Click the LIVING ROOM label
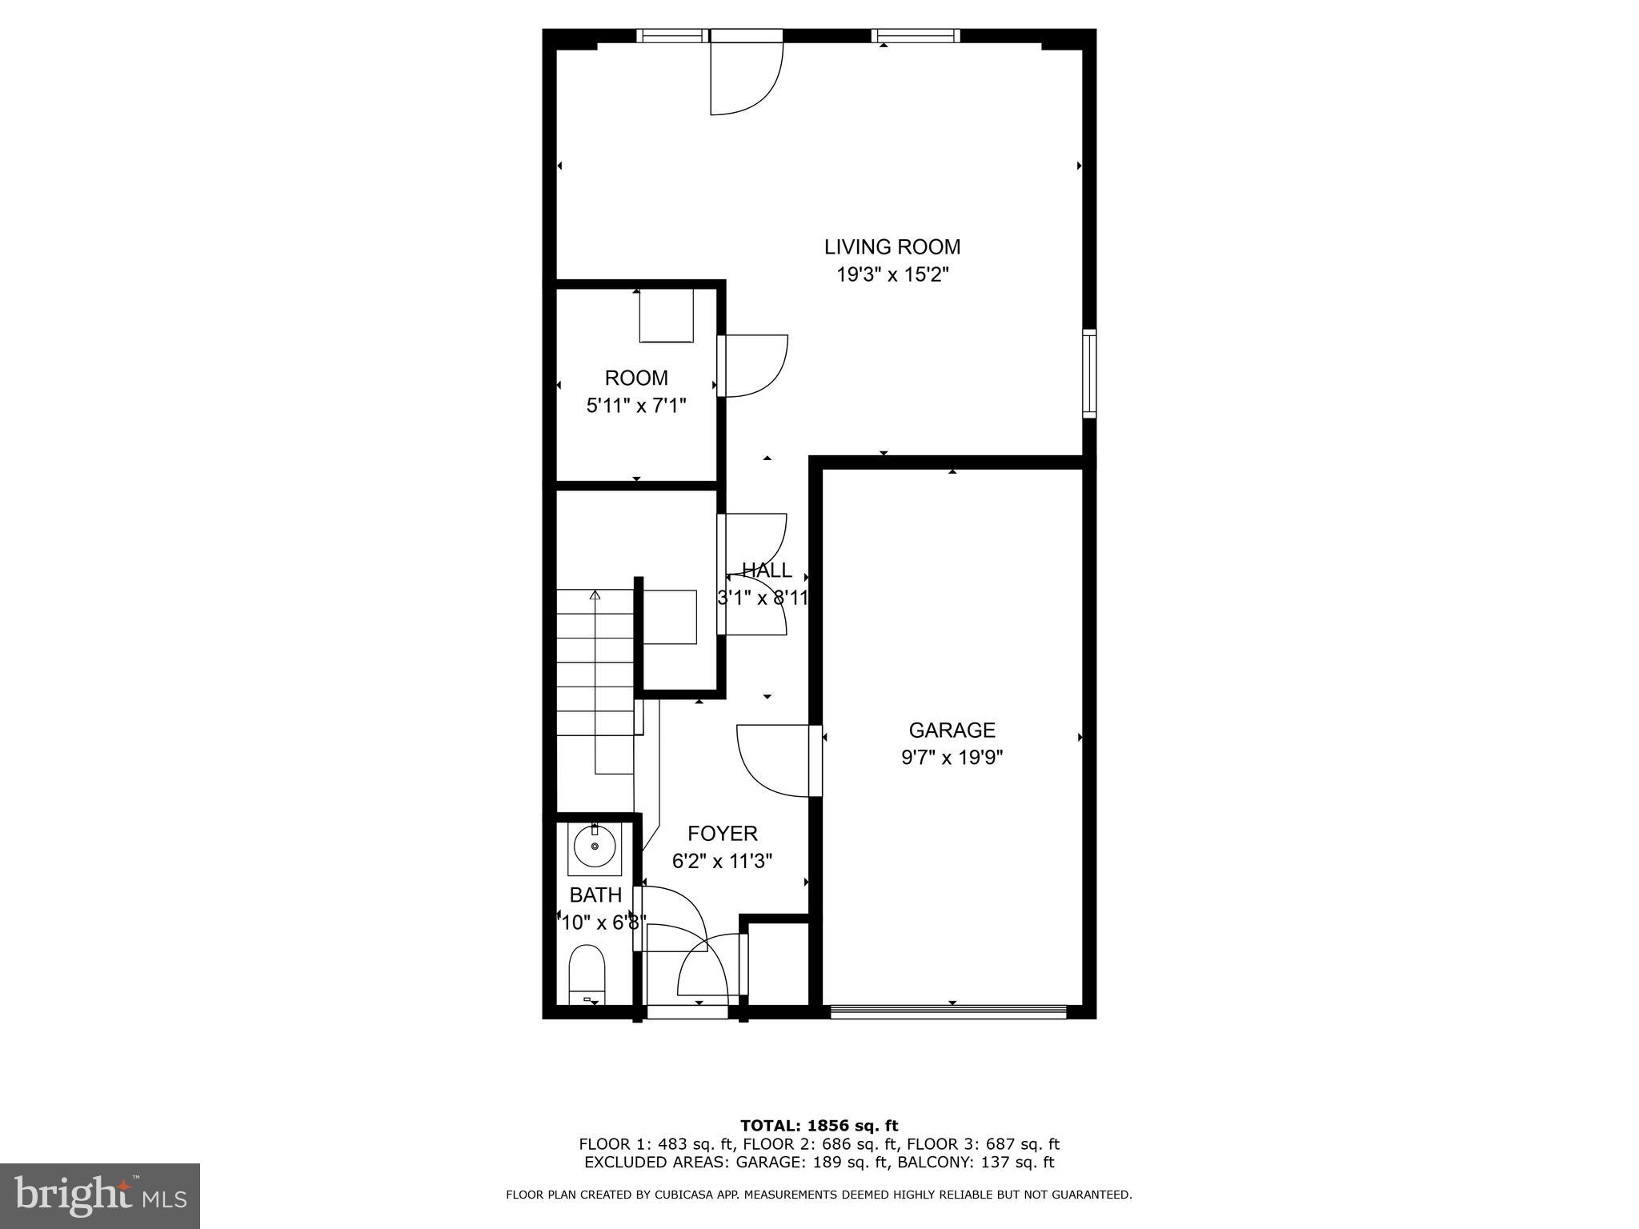point(892,246)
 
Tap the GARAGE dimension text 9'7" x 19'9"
point(952,757)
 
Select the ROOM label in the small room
point(636,378)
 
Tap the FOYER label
point(722,834)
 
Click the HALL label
point(767,570)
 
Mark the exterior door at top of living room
point(745,74)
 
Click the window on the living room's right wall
point(1089,373)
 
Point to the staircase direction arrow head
point(595,594)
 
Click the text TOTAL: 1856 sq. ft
point(819,1126)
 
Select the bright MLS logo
point(100,1195)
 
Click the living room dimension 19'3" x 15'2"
point(892,275)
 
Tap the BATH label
point(595,895)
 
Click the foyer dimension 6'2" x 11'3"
point(722,862)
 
